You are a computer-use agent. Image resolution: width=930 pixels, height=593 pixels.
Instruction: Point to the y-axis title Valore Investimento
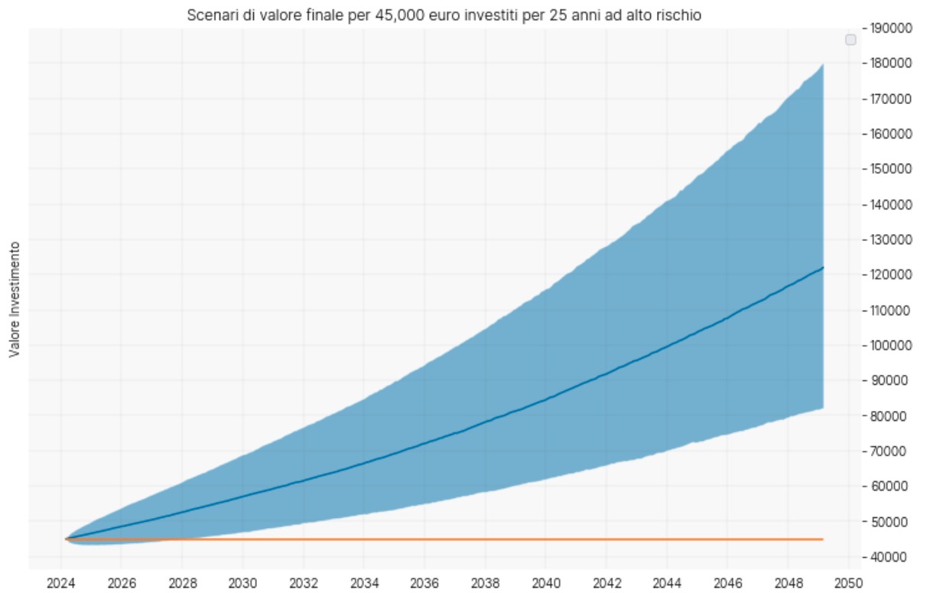coord(14,298)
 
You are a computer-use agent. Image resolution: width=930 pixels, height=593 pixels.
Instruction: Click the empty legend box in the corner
coord(850,40)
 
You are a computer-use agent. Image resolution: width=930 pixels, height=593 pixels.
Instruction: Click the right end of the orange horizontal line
coord(822,539)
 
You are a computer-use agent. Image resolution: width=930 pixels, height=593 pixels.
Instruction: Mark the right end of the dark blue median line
coord(822,268)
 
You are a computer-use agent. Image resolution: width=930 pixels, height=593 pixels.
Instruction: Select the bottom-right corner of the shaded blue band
coord(822,408)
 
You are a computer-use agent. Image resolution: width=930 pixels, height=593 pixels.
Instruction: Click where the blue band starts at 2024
coord(67,539)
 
